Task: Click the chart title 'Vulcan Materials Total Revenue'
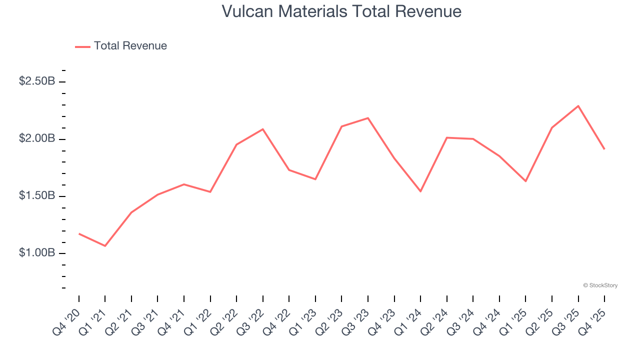coord(341,11)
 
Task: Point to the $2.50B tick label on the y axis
coord(37,81)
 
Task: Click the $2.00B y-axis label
coord(37,138)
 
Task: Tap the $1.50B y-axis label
coord(37,195)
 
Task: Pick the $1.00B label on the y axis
coord(37,253)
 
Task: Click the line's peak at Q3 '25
coord(578,106)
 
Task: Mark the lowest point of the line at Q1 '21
coord(105,246)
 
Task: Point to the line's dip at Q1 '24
coord(420,191)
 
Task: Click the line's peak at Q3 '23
coord(368,118)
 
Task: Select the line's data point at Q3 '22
coord(263,129)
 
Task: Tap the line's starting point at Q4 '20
coord(79,233)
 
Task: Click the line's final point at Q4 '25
coord(604,149)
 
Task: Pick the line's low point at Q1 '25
coord(525,181)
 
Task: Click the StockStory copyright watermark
coord(600,285)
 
